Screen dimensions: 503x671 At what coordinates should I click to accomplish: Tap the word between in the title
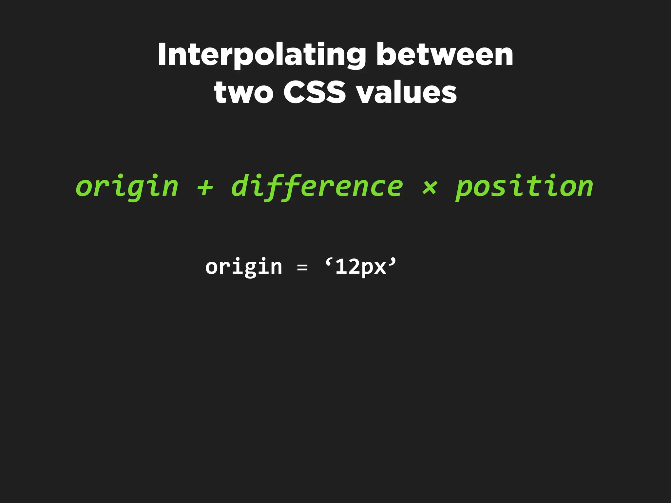[x=445, y=55]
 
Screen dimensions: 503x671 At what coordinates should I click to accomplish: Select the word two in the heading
[x=243, y=93]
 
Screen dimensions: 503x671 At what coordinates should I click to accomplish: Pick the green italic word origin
[x=127, y=187]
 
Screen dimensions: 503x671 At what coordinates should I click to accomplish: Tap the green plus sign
[x=205, y=188]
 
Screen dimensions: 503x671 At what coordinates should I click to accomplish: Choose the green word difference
[x=317, y=187]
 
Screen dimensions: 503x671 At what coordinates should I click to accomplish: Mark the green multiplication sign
[x=429, y=188]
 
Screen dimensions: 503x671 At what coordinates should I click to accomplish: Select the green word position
[x=524, y=187]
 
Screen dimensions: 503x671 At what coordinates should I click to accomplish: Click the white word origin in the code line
[x=244, y=267]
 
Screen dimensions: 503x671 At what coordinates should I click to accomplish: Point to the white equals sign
[x=302, y=268]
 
